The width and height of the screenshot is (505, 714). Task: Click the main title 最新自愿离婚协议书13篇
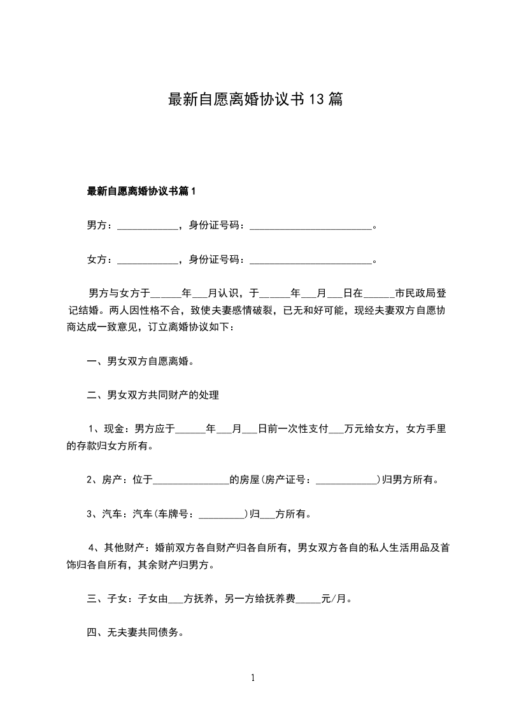[x=255, y=100]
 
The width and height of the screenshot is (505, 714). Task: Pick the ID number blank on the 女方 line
[x=310, y=260]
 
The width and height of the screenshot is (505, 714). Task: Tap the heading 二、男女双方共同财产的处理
[x=153, y=396]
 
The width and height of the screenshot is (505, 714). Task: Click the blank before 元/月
[x=309, y=599]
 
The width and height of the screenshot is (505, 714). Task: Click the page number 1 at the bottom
[x=253, y=678]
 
